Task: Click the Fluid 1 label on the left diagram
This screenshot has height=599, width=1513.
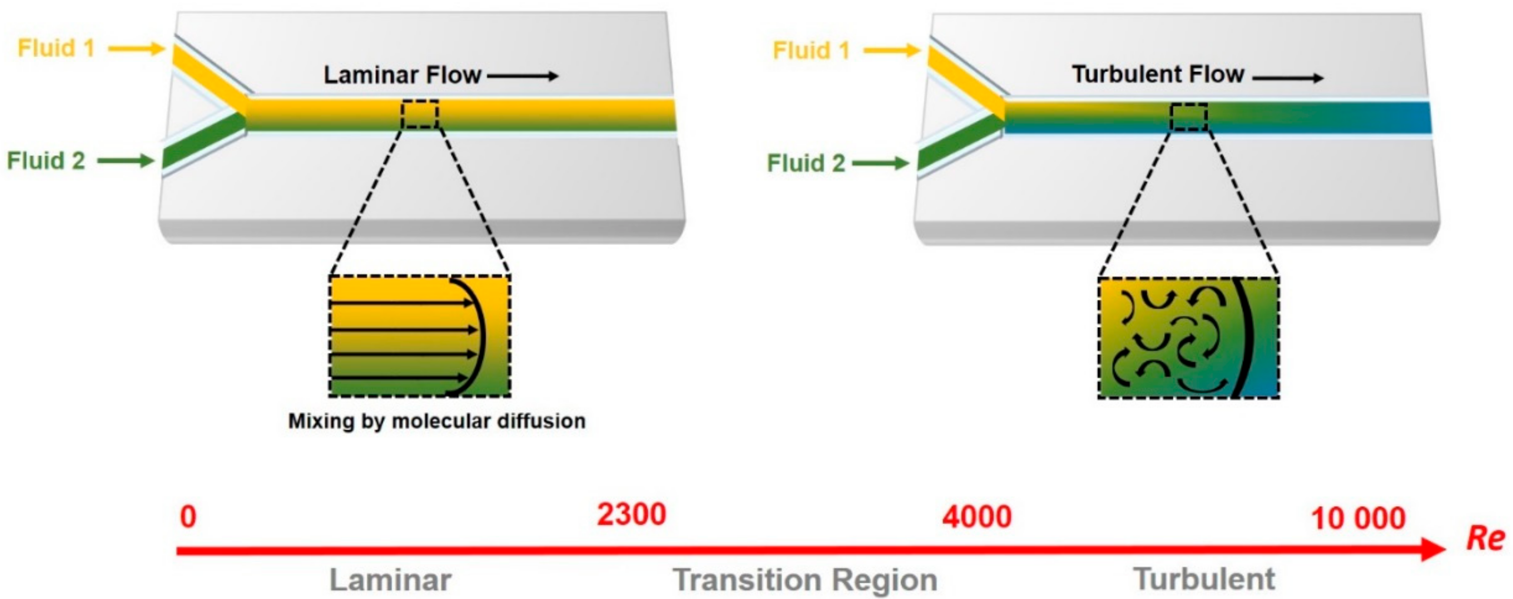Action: (x=56, y=48)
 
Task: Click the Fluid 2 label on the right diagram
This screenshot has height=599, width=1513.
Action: (x=806, y=163)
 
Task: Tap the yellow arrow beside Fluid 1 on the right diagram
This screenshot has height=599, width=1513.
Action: (x=892, y=51)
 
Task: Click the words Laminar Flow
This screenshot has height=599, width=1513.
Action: (x=402, y=75)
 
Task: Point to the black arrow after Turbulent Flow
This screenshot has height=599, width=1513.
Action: (x=1288, y=78)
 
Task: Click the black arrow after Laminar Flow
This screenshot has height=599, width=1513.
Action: (x=522, y=76)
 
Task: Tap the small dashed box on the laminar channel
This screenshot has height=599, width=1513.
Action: (x=420, y=114)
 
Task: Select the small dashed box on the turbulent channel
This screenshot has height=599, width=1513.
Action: (x=1188, y=117)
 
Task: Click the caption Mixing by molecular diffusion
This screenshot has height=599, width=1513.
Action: (x=436, y=421)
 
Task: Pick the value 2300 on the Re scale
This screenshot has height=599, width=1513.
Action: (x=631, y=515)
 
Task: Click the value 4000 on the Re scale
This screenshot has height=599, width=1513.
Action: (x=977, y=517)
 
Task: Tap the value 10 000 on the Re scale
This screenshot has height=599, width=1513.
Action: (x=1358, y=519)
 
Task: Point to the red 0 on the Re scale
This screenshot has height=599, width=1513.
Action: (x=188, y=517)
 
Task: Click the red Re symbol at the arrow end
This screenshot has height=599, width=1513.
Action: (x=1485, y=537)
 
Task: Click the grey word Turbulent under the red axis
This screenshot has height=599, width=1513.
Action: (x=1203, y=579)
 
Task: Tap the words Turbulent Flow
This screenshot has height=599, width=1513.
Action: (x=1158, y=74)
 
